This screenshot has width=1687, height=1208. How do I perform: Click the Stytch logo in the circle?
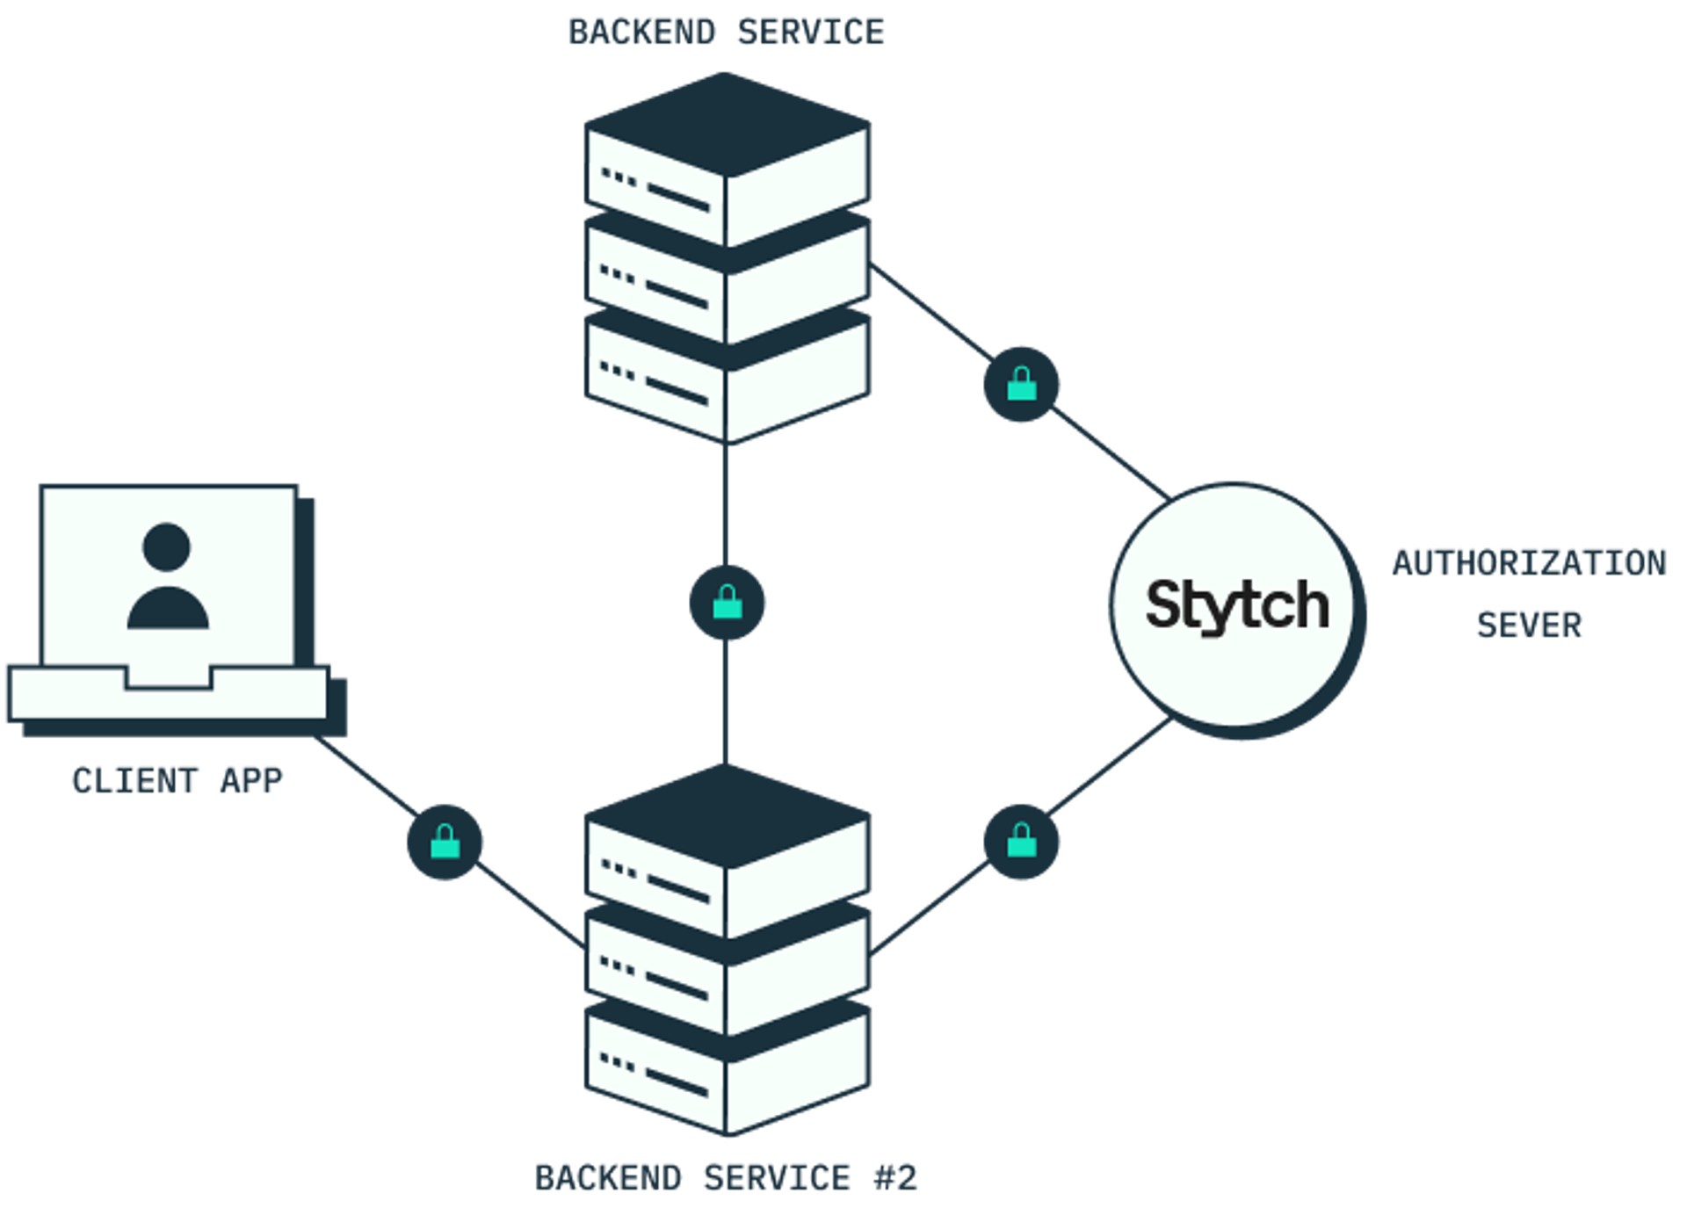pos(1237,605)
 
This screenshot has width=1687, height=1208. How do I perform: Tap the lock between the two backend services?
pos(727,603)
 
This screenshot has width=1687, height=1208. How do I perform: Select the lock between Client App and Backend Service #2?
pos(445,843)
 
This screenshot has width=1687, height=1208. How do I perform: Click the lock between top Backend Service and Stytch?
pos(1021,385)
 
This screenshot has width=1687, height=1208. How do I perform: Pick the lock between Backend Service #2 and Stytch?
pos(1021,842)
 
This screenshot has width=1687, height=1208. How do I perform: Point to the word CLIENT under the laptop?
pos(134,780)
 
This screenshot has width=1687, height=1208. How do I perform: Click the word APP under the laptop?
pos(251,780)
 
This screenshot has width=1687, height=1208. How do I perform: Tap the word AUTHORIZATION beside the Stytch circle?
pos(1529,562)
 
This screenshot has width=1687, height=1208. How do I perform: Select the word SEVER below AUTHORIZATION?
pos(1529,625)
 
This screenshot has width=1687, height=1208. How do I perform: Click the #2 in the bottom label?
pos(895,1177)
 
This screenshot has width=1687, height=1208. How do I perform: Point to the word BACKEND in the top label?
pos(641,32)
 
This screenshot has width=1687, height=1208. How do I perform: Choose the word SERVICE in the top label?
pos(810,32)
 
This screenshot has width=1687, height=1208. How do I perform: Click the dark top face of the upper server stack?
pos(727,123)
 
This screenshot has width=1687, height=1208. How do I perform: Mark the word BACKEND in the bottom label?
pos(608,1177)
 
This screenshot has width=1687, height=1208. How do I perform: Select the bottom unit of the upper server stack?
pos(727,387)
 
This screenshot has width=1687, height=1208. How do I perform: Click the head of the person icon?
pos(166,546)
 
